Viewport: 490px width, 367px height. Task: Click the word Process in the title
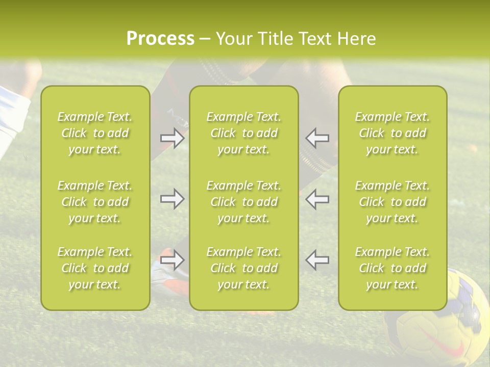[x=160, y=39]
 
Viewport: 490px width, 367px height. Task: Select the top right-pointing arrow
[x=172, y=138]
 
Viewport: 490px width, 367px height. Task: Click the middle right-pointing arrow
[x=172, y=199]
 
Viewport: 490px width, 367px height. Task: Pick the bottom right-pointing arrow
[x=172, y=260]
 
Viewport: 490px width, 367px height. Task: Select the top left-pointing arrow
[x=317, y=138]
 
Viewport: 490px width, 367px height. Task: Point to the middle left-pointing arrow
[x=317, y=199]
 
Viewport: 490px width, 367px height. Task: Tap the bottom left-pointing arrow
[x=317, y=260]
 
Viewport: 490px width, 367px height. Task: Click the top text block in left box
[x=95, y=133]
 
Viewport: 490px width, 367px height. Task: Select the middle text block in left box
[x=95, y=202]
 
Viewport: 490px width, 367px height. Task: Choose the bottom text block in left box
[x=95, y=268]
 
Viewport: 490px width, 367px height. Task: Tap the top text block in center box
[x=243, y=133]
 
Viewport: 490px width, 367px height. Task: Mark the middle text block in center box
[x=243, y=202]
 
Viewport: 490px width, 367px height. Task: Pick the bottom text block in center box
[x=243, y=268]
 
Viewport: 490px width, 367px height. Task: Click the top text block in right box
[x=393, y=133]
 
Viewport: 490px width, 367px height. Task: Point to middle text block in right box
[x=393, y=202]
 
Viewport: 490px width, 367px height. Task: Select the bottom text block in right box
[x=393, y=268]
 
